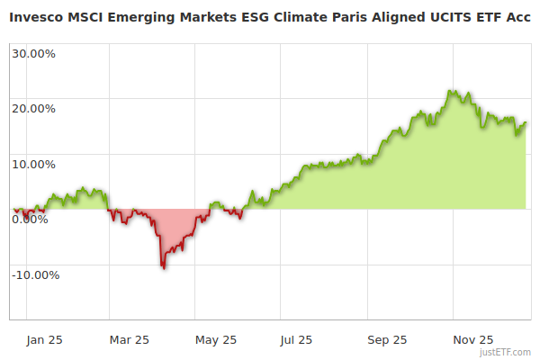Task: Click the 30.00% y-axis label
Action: [x=33, y=53]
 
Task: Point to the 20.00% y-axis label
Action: [x=33, y=109]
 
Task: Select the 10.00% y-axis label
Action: [x=33, y=165]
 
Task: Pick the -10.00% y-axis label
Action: [x=35, y=275]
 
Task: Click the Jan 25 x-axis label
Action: [x=44, y=340]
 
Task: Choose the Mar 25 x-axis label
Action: [x=130, y=340]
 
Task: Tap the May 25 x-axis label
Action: [x=216, y=340]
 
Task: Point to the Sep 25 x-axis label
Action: [x=388, y=340]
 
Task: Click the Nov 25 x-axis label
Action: [x=472, y=340]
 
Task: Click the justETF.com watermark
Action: [x=505, y=352]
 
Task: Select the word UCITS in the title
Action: [x=450, y=17]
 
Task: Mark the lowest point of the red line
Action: [x=163, y=267]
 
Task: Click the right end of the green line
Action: [x=526, y=123]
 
